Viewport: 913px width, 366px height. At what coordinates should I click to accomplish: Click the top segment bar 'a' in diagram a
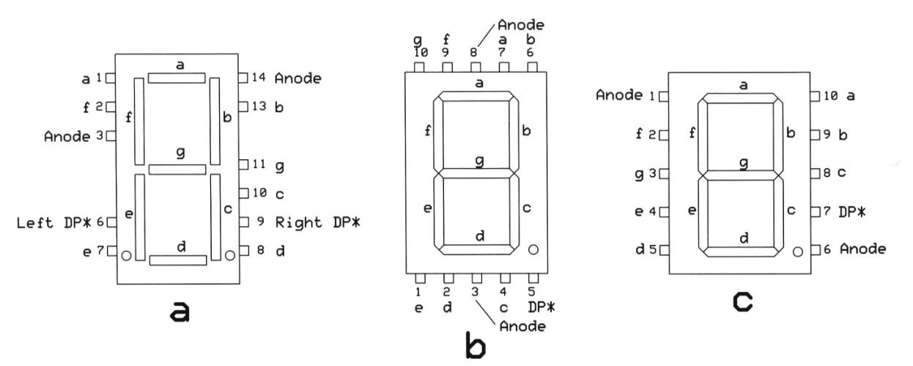tap(177, 77)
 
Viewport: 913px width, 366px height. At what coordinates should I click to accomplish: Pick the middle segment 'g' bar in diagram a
tap(177, 169)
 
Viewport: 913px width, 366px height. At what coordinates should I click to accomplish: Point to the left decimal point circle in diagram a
tap(126, 255)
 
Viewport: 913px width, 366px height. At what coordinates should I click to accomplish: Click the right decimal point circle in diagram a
tap(230, 255)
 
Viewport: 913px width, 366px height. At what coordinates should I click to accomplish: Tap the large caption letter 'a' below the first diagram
tap(178, 313)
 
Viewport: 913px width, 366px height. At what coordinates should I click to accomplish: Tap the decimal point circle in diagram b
tap(533, 249)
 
